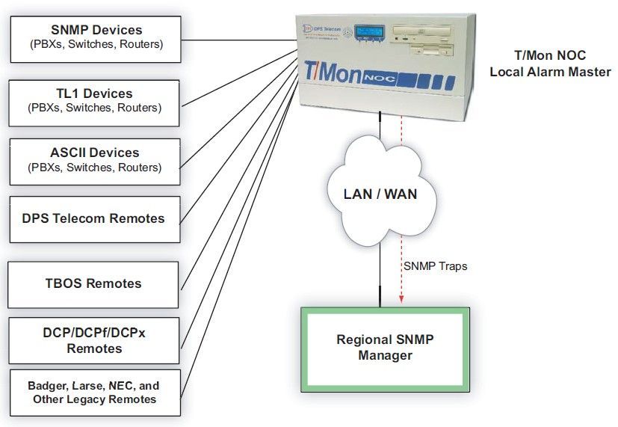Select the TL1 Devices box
(95, 101)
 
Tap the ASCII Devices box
(95, 160)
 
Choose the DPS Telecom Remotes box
(94, 219)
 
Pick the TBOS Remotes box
(93, 284)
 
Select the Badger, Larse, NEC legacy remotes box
(94, 393)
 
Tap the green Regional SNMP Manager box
(385, 348)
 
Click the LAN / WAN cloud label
(380, 194)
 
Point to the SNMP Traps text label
(435, 265)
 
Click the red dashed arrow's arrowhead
(401, 300)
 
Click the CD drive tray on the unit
(427, 34)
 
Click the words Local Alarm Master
(550, 73)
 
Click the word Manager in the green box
(385, 356)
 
